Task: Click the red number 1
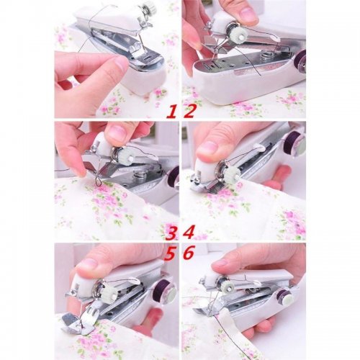[171, 112]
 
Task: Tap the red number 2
[189, 112]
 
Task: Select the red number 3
[171, 233]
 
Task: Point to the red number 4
[189, 233]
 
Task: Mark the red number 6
[189, 253]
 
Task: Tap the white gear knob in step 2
[238, 36]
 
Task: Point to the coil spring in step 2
[265, 55]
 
